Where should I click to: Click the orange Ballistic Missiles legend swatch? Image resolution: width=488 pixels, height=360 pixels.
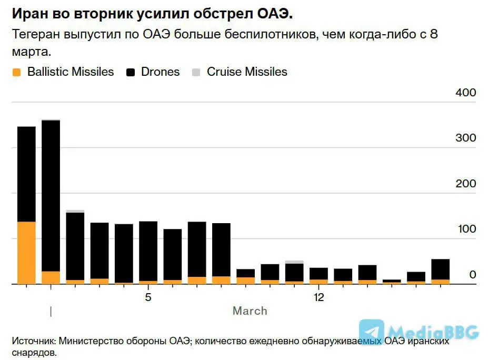(16, 73)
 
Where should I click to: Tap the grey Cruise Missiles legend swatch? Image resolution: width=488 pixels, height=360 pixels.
(196, 73)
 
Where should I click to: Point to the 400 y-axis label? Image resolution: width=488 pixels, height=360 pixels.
(465, 93)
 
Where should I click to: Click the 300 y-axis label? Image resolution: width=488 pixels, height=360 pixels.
(465, 138)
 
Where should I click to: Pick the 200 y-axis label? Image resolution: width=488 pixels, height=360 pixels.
(465, 184)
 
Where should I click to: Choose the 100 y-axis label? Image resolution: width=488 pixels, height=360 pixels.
(465, 229)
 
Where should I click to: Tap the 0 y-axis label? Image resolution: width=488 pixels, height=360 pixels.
(472, 274)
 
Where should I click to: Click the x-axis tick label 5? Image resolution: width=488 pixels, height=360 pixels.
(148, 298)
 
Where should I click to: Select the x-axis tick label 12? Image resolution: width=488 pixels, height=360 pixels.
(319, 298)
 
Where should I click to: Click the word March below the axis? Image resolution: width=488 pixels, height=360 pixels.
(250, 311)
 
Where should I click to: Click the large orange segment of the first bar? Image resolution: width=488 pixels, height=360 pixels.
(26, 253)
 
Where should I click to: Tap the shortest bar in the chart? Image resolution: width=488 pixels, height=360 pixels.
(392, 282)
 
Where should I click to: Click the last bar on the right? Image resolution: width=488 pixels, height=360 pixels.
(441, 272)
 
